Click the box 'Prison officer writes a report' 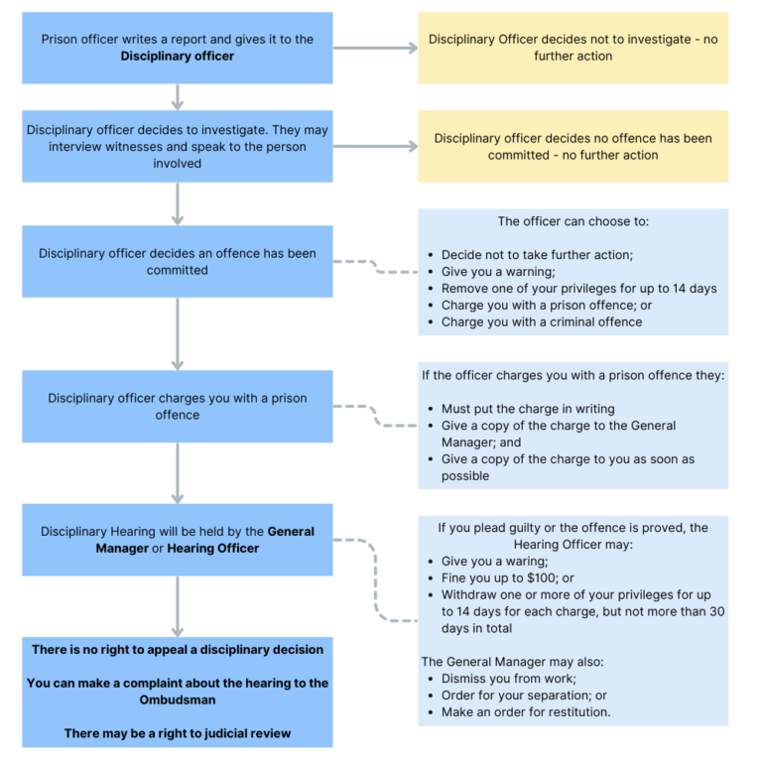[x=178, y=48]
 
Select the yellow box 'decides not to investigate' [x=572, y=48]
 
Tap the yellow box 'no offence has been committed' [x=572, y=146]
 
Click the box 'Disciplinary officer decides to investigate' [x=178, y=146]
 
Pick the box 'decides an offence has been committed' [x=178, y=261]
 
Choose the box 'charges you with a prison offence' [x=178, y=406]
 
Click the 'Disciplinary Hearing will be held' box [x=178, y=539]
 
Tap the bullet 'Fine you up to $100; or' [x=508, y=577]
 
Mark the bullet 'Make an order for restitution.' [x=526, y=712]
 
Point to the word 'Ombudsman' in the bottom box [x=178, y=699]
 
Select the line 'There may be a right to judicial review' [x=178, y=733]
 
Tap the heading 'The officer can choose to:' [x=572, y=222]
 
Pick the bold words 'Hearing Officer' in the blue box [x=212, y=548]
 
